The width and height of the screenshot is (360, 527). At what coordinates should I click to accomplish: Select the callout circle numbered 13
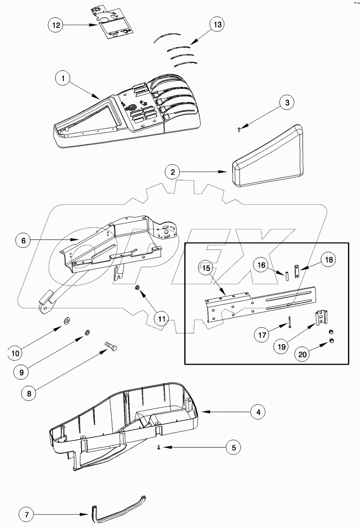pyautogui.click(x=217, y=25)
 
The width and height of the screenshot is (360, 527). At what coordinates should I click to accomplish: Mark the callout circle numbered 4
pyautogui.click(x=258, y=412)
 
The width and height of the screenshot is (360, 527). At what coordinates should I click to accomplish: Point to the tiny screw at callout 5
pyautogui.click(x=159, y=448)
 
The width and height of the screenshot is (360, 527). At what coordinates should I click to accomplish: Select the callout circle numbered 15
pyautogui.click(x=206, y=268)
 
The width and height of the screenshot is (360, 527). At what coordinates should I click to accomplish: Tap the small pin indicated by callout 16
pyautogui.click(x=286, y=275)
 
